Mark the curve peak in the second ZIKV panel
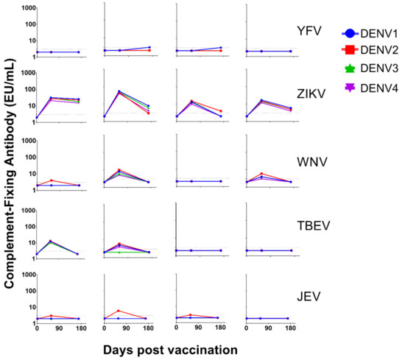[x=119, y=92]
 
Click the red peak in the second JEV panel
[x=119, y=311]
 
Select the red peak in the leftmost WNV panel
[x=50, y=180]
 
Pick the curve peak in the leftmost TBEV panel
[x=50, y=241]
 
